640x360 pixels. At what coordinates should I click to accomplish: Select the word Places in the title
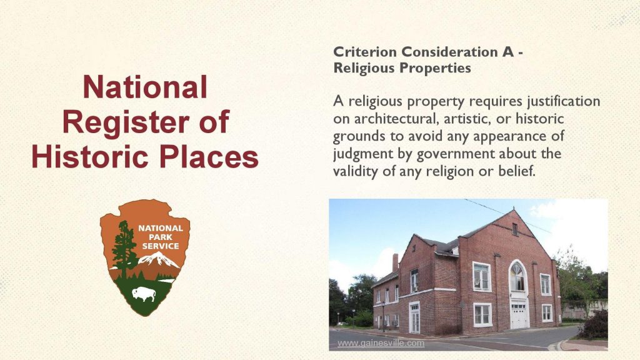(209, 156)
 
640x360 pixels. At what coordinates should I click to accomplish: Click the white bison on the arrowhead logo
(144, 292)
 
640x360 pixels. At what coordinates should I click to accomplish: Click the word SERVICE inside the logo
(161, 246)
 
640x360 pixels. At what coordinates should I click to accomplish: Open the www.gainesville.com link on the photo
(381, 343)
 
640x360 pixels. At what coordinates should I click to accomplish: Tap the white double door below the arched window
(519, 315)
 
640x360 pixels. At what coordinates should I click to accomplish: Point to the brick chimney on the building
(395, 262)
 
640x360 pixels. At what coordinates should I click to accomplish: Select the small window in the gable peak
(515, 229)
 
